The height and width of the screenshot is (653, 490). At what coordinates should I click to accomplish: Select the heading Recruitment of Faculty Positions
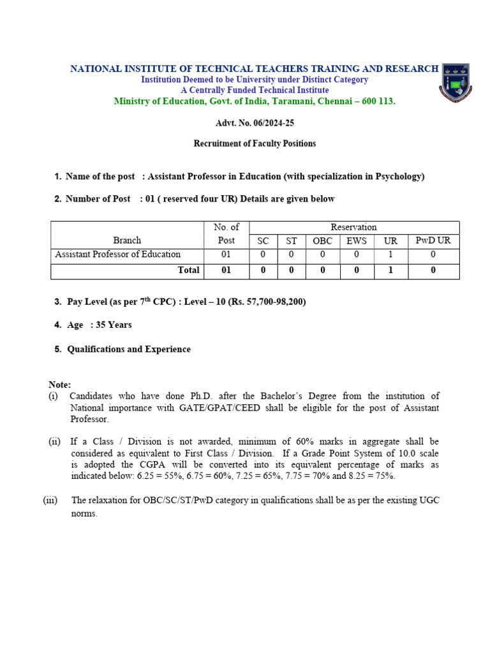pos(255,143)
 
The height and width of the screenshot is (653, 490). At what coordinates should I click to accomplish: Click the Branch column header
pos(127,240)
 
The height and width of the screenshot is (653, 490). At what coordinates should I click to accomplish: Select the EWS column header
pos(356,241)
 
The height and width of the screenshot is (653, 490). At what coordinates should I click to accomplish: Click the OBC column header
pos(322,241)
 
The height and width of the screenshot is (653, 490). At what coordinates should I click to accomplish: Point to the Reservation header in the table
pos(353,227)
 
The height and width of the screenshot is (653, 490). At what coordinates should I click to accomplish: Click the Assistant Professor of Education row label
pos(118,254)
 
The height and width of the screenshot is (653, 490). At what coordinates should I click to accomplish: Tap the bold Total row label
pos(188,270)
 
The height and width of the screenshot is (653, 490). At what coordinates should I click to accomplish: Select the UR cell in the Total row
pos(390,270)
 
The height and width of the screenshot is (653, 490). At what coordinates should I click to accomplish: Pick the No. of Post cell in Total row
pos(226,270)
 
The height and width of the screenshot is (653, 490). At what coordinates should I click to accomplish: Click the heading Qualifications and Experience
pos(129,349)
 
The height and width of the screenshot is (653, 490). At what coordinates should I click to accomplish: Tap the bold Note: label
pos(60,385)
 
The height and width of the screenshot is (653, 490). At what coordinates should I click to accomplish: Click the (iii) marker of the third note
pos(50,501)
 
